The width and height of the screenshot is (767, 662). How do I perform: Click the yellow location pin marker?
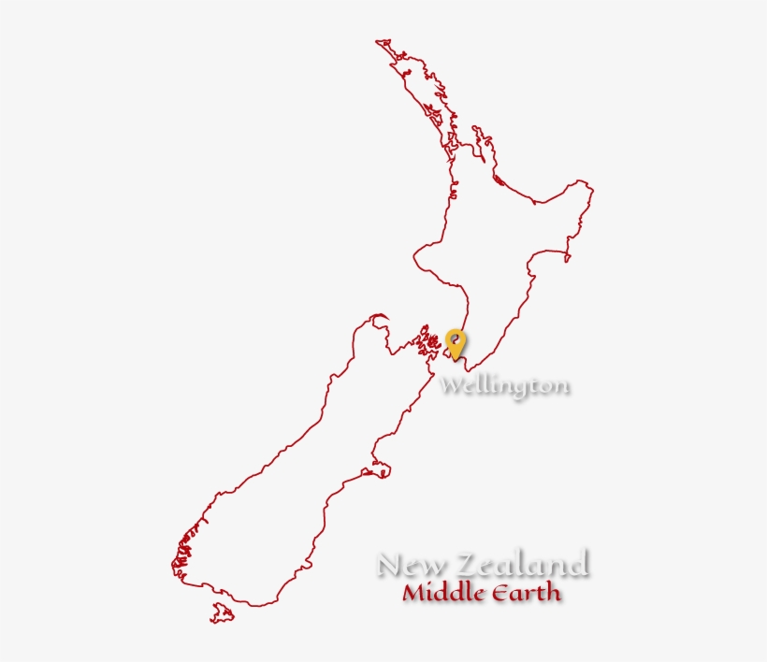click(456, 342)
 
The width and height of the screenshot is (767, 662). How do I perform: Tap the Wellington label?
click(505, 385)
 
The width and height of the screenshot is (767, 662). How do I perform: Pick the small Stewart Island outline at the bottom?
click(222, 612)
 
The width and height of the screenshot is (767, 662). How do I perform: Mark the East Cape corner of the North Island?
click(589, 187)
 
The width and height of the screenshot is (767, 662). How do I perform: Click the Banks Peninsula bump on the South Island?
click(380, 468)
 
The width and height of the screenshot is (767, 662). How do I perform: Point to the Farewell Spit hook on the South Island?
click(378, 318)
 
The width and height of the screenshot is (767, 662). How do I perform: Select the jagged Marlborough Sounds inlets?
click(428, 343)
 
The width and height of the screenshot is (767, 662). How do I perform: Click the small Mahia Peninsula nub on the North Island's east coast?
click(567, 252)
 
